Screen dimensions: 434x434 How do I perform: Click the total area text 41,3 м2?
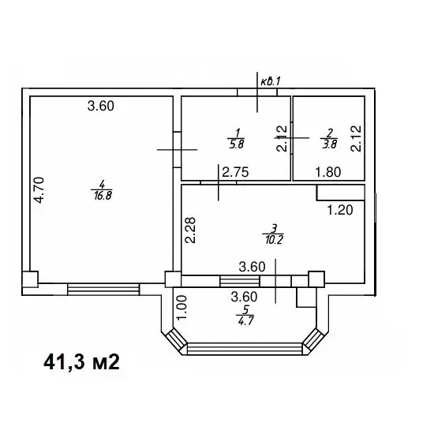[x=81, y=362]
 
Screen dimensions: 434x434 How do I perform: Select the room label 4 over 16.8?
[x=102, y=190]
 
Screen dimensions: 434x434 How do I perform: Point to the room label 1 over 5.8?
[x=237, y=139]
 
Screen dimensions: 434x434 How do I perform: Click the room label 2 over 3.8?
[x=329, y=139]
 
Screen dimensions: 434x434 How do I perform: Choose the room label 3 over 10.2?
[x=274, y=234]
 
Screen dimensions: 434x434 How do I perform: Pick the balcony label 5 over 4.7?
[x=245, y=316]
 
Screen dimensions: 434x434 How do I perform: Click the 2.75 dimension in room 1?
[x=236, y=172]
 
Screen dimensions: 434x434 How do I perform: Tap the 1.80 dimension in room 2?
[x=328, y=172]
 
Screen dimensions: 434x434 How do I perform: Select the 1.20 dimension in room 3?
[x=340, y=210]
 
